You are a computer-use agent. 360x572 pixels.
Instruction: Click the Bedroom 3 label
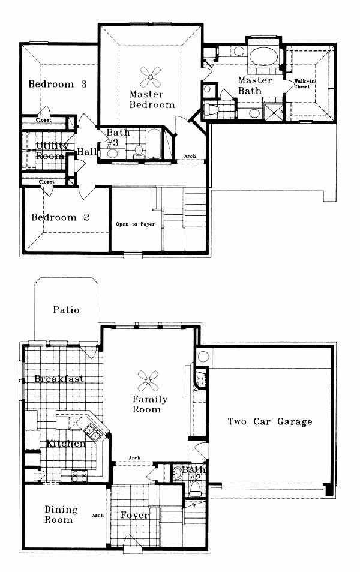coord(57,84)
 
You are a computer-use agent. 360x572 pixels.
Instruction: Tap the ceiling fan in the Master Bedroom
coord(150,77)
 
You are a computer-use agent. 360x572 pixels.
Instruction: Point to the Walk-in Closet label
coord(302,84)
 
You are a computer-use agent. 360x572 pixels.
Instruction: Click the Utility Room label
coord(52,151)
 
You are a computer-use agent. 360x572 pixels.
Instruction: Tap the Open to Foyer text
coord(135,224)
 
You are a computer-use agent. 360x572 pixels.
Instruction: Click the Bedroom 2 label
coord(60,217)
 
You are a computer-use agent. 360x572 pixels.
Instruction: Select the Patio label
coord(66,310)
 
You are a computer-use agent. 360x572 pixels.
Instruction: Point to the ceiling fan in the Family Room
coord(148,381)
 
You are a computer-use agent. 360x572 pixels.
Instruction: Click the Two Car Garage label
coord(270,422)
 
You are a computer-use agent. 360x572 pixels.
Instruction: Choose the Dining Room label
coord(61,514)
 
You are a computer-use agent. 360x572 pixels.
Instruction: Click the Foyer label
coord(134,515)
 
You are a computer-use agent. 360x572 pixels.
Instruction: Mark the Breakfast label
coord(59,379)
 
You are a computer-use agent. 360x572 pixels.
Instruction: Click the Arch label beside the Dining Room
coord(98,515)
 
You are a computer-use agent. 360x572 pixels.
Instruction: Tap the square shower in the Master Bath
coord(273,112)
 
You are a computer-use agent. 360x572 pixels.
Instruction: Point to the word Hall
coord(87,152)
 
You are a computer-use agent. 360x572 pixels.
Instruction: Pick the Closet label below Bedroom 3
coord(43,120)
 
